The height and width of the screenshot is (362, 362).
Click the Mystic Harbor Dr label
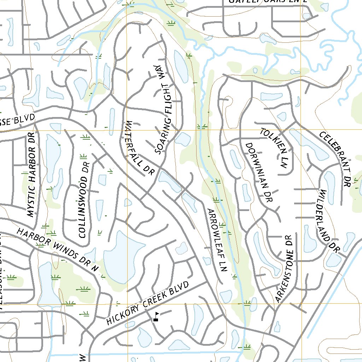tap(32, 175)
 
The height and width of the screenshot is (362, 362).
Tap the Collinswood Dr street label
tap(84, 200)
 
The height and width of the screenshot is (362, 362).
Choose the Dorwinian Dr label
tap(259, 172)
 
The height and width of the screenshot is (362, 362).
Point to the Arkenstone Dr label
tap(285, 269)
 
